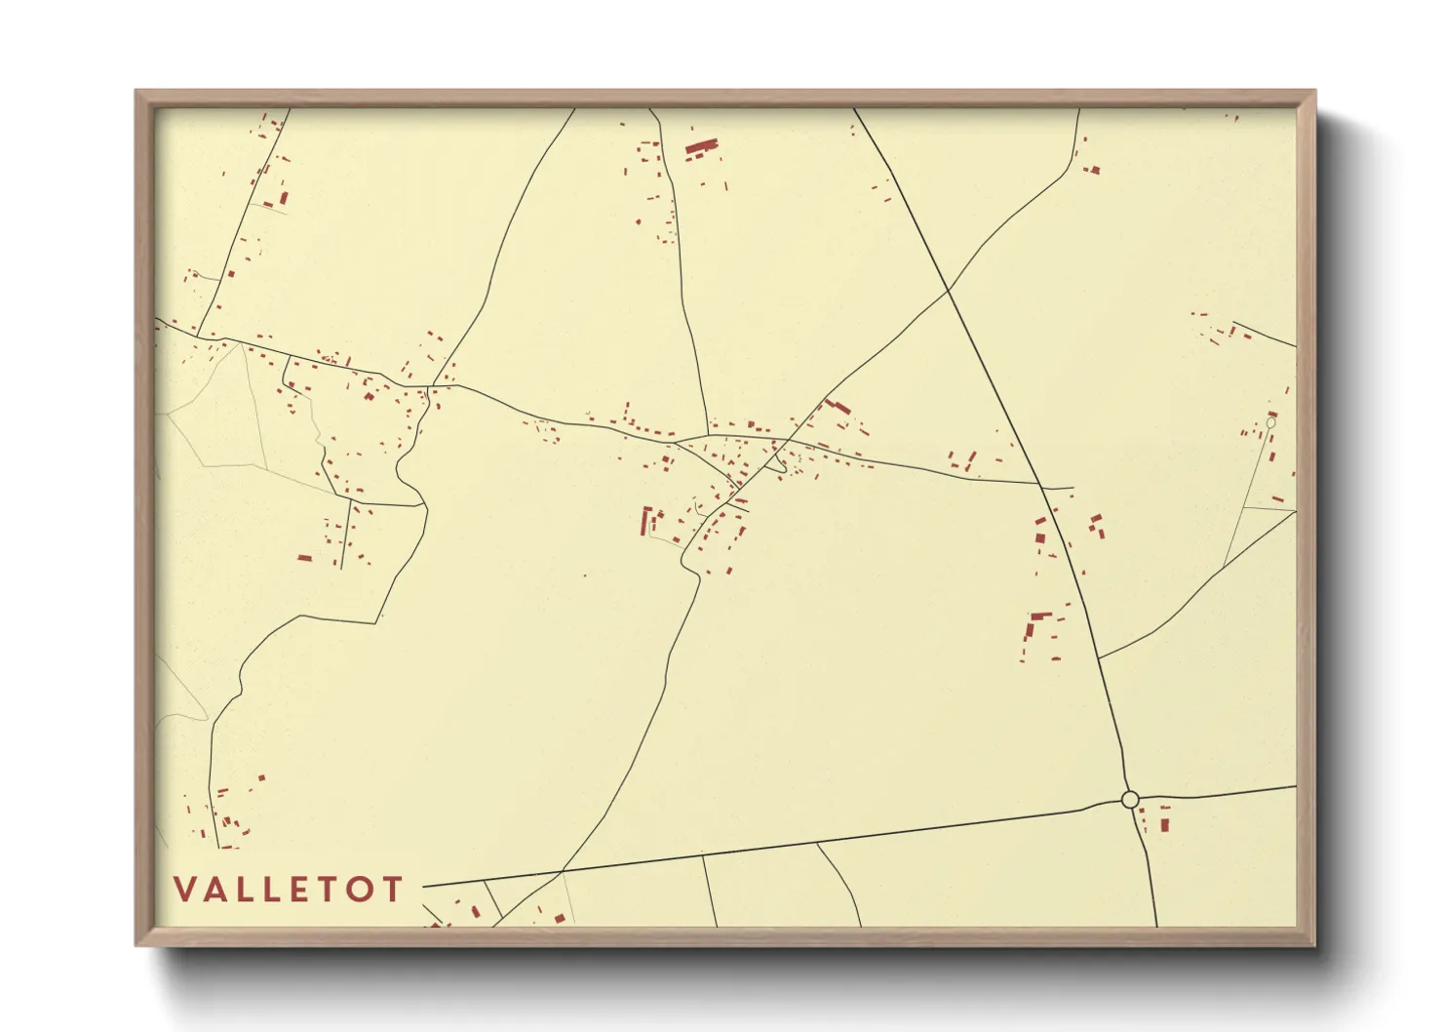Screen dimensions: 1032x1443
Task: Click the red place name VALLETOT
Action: click(x=289, y=890)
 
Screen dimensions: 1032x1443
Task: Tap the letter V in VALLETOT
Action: click(x=183, y=890)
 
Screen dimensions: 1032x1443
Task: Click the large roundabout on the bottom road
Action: click(x=1130, y=800)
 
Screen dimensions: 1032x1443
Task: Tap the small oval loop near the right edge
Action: click(x=1270, y=422)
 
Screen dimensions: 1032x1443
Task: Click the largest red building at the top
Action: click(x=701, y=147)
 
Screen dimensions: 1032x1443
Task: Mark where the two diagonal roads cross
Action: click(x=948, y=289)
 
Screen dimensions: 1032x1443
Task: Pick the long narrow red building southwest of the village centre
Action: click(x=644, y=521)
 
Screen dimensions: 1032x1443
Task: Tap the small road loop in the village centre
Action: click(x=777, y=465)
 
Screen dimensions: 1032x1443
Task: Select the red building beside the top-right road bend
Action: click(x=1093, y=170)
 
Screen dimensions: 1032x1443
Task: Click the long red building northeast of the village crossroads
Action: click(x=838, y=405)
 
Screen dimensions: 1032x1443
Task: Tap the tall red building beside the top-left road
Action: click(x=284, y=198)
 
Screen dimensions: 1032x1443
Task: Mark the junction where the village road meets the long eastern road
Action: click(x=1043, y=485)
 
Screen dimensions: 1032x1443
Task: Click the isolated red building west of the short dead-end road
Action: click(x=304, y=558)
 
